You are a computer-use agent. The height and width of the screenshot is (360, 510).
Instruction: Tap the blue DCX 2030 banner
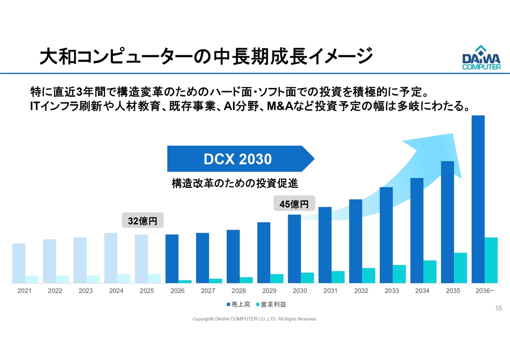238,159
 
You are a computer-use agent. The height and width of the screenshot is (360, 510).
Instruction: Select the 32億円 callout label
143,220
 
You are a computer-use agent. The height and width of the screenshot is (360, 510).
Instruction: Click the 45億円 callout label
294,204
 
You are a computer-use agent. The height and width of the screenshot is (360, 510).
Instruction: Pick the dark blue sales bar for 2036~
478,199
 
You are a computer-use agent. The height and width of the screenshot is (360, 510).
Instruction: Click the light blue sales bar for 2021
19,263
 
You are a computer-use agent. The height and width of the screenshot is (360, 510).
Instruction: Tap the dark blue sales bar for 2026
172,258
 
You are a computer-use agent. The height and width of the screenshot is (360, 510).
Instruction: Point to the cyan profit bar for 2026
185,282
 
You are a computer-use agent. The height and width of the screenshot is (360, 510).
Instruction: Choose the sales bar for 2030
294,248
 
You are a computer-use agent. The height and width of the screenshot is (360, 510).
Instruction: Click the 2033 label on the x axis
392,291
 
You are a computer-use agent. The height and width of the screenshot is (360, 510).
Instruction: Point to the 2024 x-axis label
116,291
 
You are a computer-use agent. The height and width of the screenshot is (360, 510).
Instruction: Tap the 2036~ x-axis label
484,291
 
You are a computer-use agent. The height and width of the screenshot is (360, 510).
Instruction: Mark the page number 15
498,308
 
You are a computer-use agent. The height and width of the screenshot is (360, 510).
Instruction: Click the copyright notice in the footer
255,319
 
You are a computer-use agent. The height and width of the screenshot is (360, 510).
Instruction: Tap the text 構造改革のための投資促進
235,184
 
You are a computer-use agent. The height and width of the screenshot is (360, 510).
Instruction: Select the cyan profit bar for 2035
460,268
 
